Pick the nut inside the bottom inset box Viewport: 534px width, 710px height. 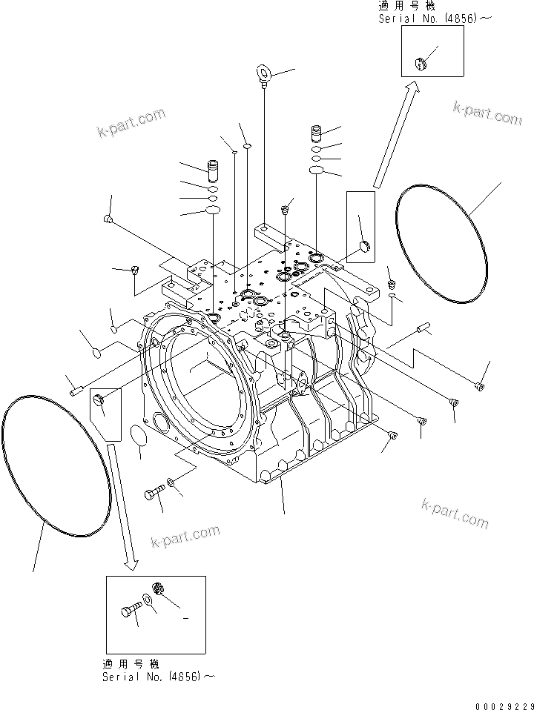(158, 589)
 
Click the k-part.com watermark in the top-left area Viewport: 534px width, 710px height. (131, 124)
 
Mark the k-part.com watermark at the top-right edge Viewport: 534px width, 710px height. (487, 113)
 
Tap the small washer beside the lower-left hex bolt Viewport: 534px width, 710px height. (171, 483)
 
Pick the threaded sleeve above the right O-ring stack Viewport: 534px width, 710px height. (317, 135)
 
